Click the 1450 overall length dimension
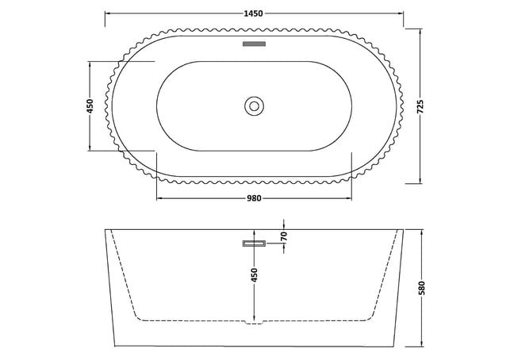tap(253, 13)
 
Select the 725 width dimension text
tap(420, 106)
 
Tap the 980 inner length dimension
tap(254, 198)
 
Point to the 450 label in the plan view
tap(90, 106)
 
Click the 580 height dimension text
tap(421, 288)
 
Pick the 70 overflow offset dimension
tap(284, 236)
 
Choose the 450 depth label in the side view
tap(255, 275)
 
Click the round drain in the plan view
tap(254, 106)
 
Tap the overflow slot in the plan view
tap(254, 44)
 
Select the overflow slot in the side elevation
tap(254, 243)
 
